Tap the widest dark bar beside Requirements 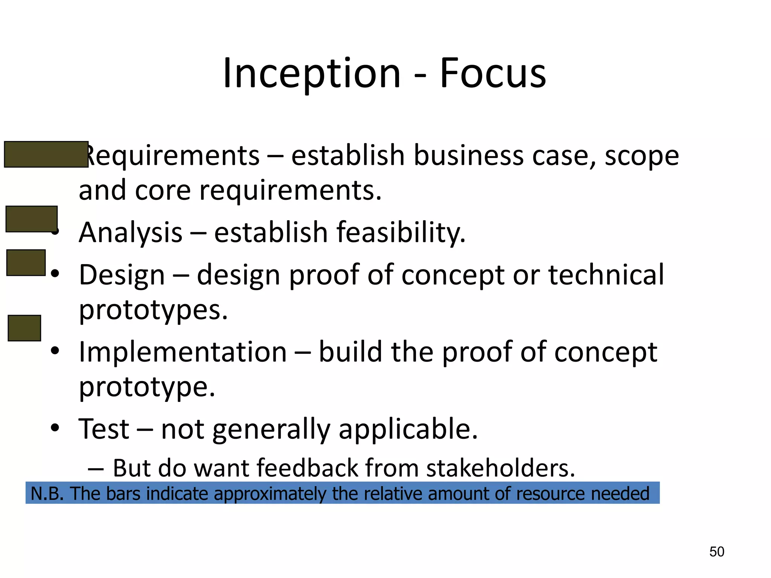[x=46, y=154]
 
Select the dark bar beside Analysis [x=32, y=219]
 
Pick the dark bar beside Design [x=26, y=263]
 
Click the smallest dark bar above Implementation [x=24, y=328]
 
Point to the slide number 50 [x=716, y=552]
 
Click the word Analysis [x=130, y=232]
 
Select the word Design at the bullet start [x=122, y=275]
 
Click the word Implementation [x=183, y=352]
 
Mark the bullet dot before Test [x=55, y=428]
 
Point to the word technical [x=606, y=275]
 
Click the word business [x=468, y=155]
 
